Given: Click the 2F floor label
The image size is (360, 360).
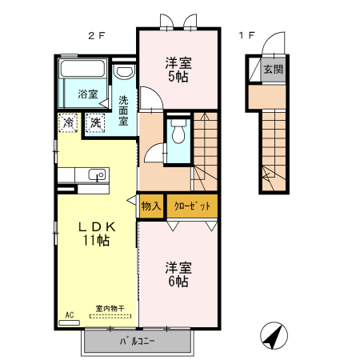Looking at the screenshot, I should (97, 35).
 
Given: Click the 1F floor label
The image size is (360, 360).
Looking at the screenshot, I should (246, 35).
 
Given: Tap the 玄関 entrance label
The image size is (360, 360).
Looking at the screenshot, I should (273, 69).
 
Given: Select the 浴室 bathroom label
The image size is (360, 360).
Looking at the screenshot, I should (87, 94).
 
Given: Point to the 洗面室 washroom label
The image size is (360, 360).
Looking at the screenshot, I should (124, 111).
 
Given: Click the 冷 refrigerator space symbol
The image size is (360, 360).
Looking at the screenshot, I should (69, 123).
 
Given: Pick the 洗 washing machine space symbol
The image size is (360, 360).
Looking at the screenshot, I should (95, 123).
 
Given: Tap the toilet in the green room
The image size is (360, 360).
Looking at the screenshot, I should (178, 132).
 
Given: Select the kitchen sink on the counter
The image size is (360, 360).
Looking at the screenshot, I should (99, 175).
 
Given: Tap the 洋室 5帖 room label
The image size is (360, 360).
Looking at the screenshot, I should (178, 70).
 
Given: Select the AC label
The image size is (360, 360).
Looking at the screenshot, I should (68, 315).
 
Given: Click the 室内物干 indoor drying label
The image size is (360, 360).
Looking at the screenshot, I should (111, 309).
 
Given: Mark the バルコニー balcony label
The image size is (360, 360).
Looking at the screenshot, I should (138, 342).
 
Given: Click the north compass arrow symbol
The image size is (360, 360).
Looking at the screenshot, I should (274, 337).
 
